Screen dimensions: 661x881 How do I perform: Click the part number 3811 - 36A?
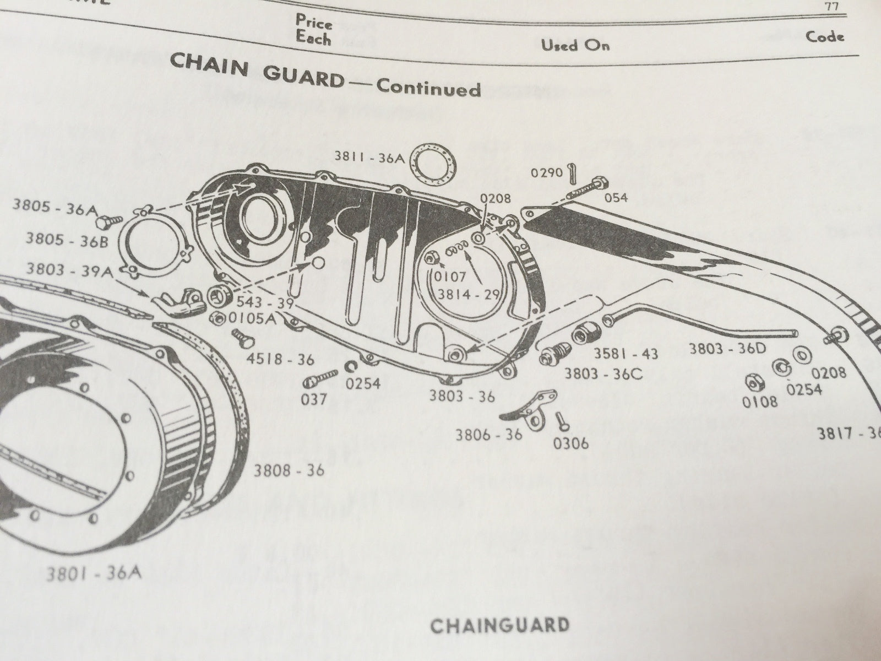pyautogui.click(x=369, y=156)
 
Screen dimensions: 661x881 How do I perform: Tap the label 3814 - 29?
pyautogui.click(x=467, y=294)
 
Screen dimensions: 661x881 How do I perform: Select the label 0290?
pyautogui.click(x=546, y=172)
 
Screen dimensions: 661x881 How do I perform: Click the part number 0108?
pyautogui.click(x=760, y=402)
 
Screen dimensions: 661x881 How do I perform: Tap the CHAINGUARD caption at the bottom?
pyautogui.click(x=499, y=625)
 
